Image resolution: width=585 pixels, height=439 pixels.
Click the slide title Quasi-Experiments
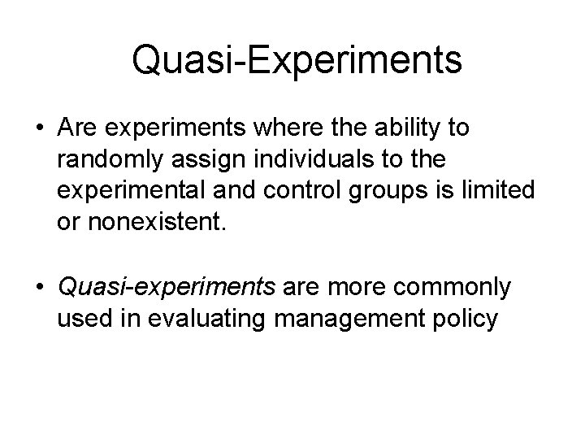[297, 61]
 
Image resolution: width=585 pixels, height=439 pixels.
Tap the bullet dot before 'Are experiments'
[39, 129]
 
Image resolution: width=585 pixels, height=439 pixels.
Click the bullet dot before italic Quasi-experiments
[39, 288]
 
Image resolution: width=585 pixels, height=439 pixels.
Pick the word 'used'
[82, 318]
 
